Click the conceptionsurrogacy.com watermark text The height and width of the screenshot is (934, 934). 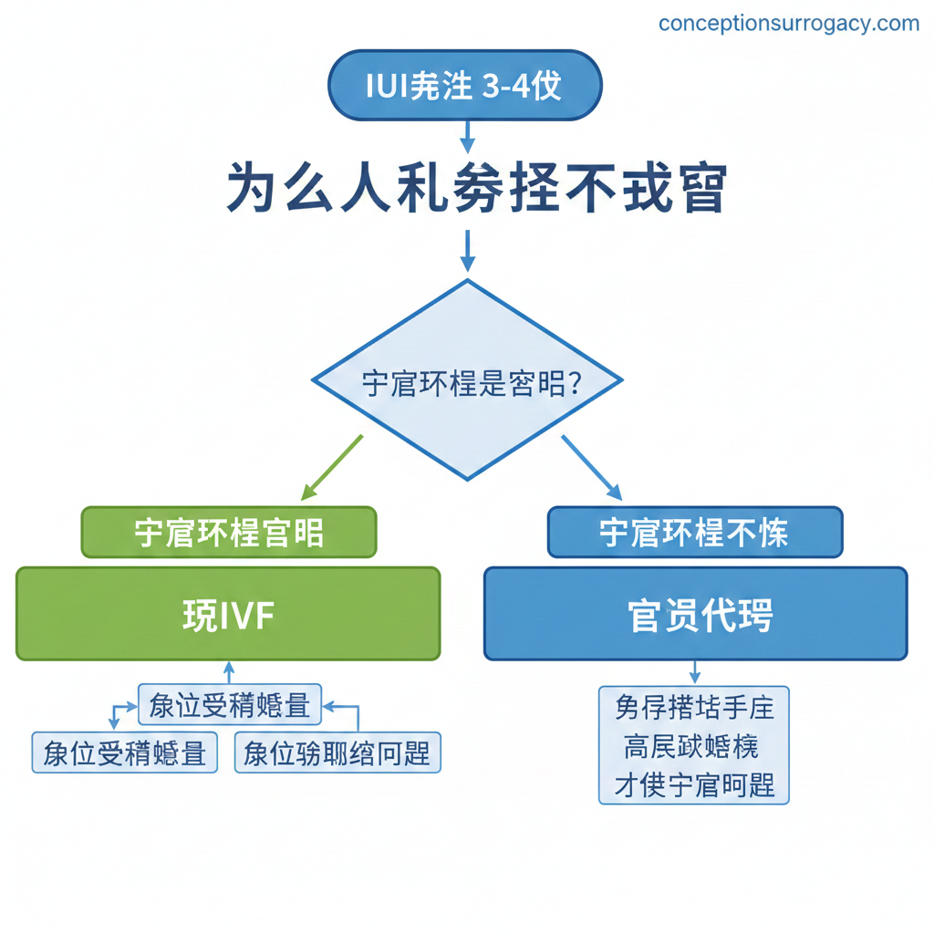(789, 24)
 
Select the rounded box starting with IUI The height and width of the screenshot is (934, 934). (464, 86)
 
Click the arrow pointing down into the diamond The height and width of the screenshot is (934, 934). (467, 251)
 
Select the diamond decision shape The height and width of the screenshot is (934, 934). (467, 379)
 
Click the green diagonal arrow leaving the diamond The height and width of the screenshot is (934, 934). (332, 466)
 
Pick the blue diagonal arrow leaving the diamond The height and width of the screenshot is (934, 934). (591, 466)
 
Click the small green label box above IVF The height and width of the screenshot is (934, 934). (229, 533)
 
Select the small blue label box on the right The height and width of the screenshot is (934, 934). (694, 533)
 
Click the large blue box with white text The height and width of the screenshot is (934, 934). (695, 614)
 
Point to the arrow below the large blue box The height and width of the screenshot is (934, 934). (694, 673)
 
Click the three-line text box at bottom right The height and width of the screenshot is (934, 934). (694, 745)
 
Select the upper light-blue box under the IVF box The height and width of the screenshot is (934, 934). (229, 705)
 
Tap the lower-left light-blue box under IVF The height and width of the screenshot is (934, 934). (125, 753)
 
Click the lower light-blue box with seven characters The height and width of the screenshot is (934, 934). (337, 753)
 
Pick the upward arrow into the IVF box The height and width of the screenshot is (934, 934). (229, 672)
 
